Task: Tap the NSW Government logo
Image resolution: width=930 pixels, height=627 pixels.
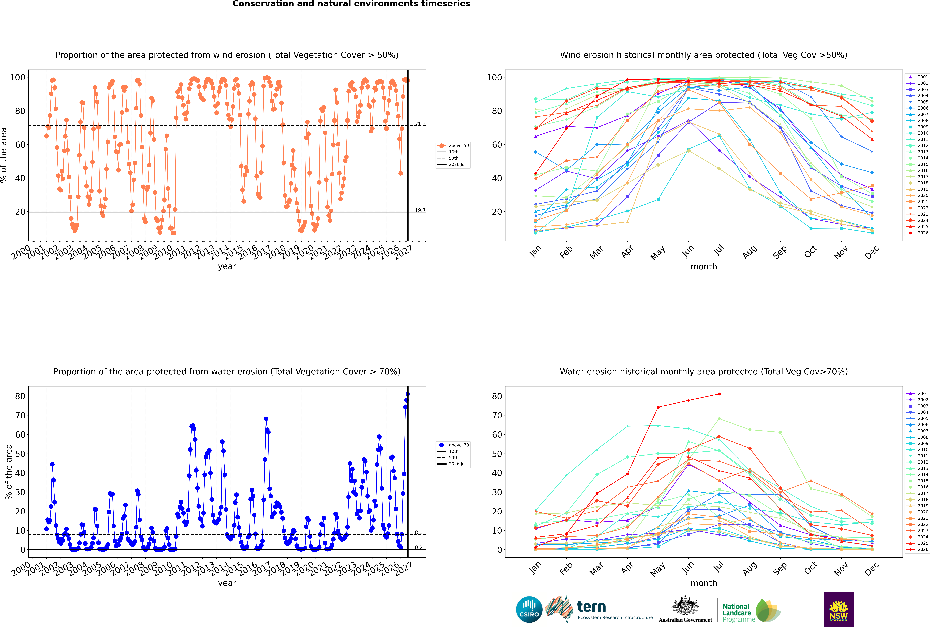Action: (x=838, y=609)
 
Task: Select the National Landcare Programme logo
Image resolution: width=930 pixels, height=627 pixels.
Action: (x=752, y=611)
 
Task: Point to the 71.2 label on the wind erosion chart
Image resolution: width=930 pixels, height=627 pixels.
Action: (x=420, y=124)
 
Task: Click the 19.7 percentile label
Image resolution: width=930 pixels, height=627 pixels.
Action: (x=420, y=210)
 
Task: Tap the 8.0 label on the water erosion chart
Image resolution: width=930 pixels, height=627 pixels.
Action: (x=418, y=533)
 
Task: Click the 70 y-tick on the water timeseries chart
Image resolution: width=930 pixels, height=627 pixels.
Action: (x=20, y=415)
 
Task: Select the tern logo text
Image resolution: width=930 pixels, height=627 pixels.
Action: (x=591, y=607)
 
